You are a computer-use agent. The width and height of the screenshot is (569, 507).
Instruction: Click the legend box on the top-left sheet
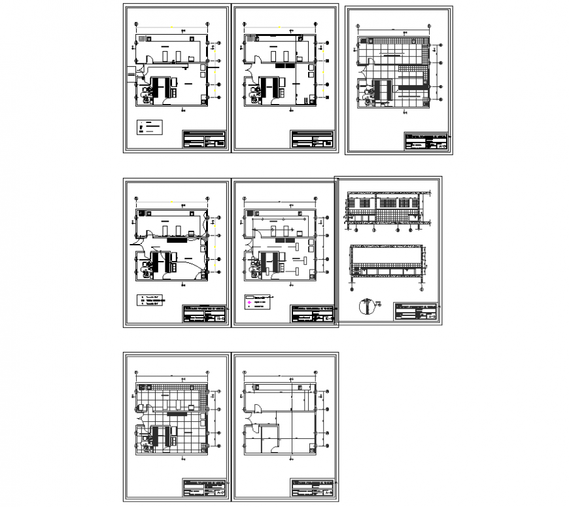point(148,127)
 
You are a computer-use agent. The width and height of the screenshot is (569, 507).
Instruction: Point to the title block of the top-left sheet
point(204,139)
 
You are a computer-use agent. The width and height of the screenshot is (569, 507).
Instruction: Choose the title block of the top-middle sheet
point(313,139)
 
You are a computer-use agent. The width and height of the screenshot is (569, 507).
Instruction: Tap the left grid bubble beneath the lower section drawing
point(353,286)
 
